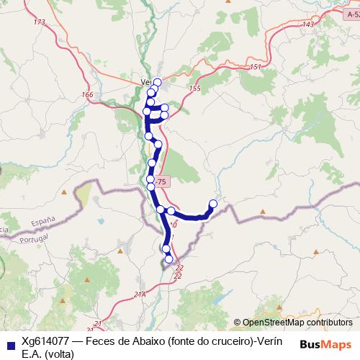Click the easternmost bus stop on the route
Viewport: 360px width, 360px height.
212,204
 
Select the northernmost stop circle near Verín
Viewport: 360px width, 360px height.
157,81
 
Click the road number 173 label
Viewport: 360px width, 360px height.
39,22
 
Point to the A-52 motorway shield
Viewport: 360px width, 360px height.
352,14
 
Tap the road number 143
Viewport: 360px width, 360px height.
308,24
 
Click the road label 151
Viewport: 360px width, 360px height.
256,67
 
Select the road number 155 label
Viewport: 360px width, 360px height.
194,88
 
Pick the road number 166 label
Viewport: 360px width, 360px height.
88,95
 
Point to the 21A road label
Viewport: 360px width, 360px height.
140,294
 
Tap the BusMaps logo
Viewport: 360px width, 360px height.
325,343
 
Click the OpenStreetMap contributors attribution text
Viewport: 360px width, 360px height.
297,323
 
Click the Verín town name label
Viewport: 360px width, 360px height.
147,82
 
